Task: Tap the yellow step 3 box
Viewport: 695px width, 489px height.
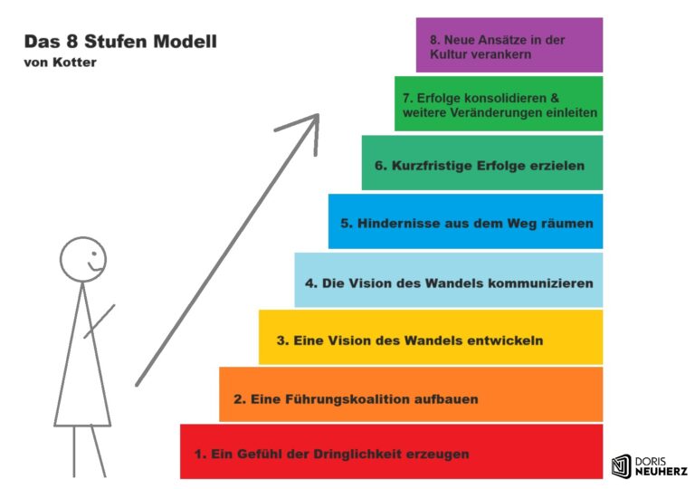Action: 430,337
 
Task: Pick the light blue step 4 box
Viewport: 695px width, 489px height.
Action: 448,280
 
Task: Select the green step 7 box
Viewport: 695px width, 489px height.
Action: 498,103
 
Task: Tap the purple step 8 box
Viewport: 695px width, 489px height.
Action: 509,45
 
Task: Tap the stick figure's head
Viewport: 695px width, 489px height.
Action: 83,258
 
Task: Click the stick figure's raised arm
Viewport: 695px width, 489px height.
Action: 100,321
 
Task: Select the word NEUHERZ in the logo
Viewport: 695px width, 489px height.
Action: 661,472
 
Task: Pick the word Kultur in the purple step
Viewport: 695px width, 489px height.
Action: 451,54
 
